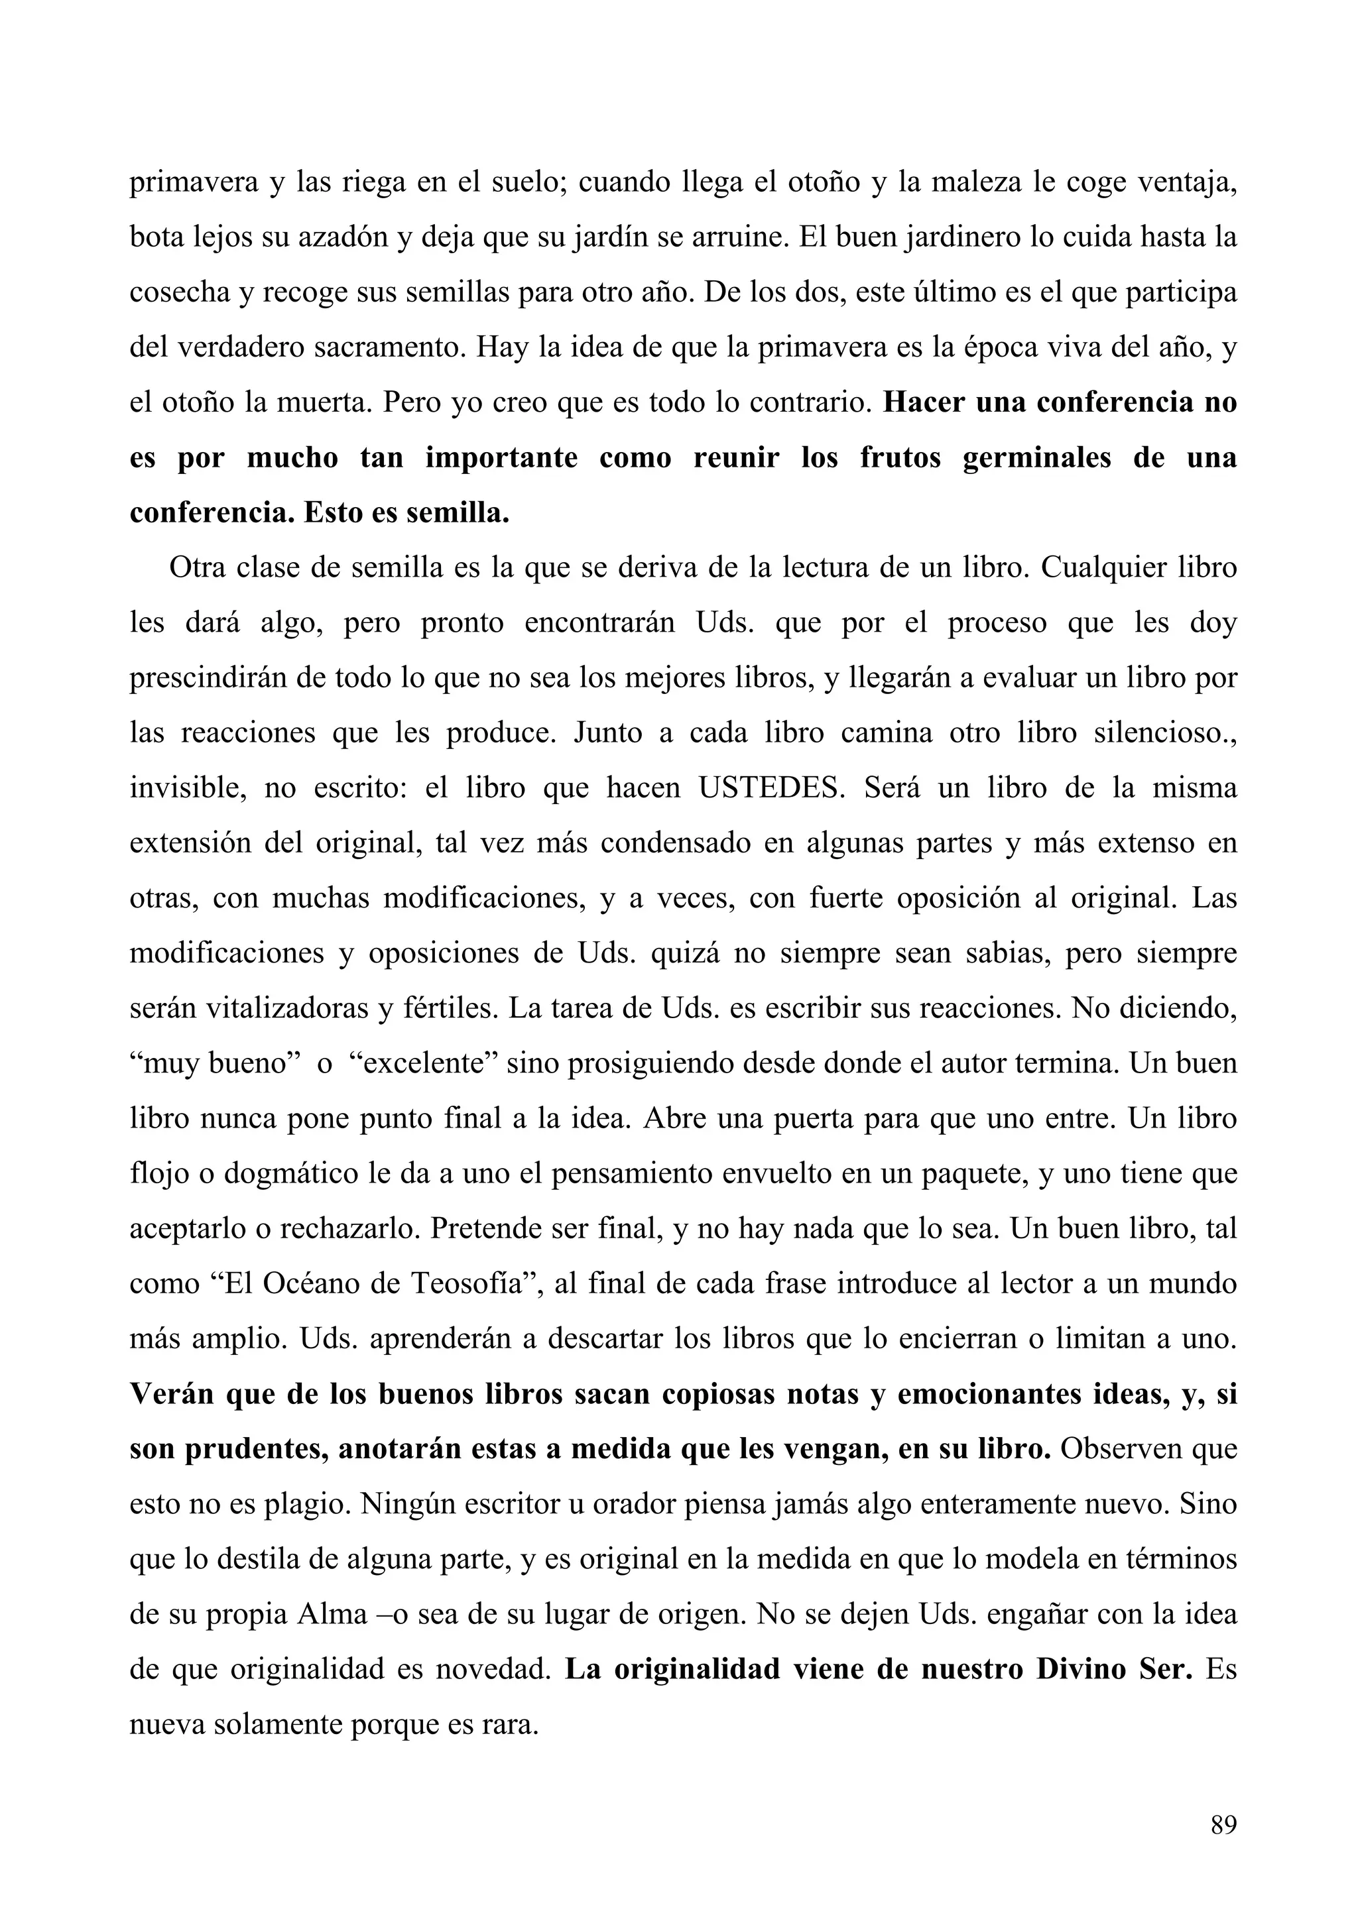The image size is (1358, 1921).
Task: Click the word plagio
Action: (304, 1504)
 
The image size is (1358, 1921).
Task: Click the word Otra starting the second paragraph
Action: (198, 568)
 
